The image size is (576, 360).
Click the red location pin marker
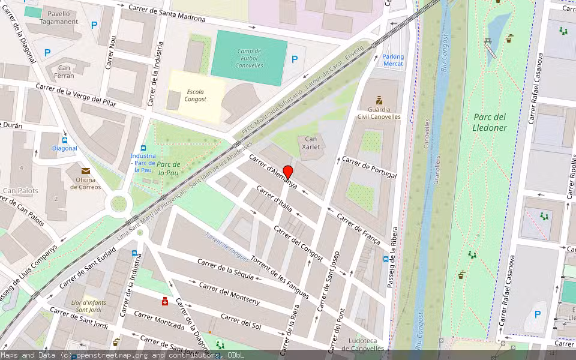pyautogui.click(x=288, y=172)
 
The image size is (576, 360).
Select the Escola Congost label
pyautogui.click(x=196, y=95)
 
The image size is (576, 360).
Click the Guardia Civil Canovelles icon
pyautogui.click(x=379, y=100)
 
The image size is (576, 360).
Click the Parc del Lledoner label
pyautogui.click(x=490, y=122)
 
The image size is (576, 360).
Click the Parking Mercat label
pyautogui.click(x=393, y=60)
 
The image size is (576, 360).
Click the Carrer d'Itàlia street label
pyautogui.click(x=274, y=199)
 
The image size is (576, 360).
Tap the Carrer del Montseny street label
pyautogui.click(x=229, y=293)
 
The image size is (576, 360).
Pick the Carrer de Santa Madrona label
pyautogui.click(x=167, y=13)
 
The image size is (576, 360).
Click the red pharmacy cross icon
pyautogui.click(x=164, y=301)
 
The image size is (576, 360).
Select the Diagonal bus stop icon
pyautogui.click(x=65, y=140)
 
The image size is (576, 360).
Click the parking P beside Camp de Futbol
pyautogui.click(x=295, y=59)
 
